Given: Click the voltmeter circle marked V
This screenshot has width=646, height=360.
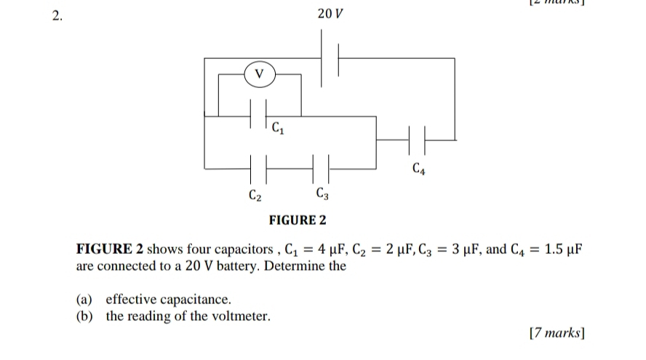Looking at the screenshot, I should pyautogui.click(x=259, y=73).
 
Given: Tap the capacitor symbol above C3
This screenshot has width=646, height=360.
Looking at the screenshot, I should pyautogui.click(x=322, y=169).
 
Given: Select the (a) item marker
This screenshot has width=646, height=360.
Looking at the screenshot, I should pyautogui.click(x=86, y=300).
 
